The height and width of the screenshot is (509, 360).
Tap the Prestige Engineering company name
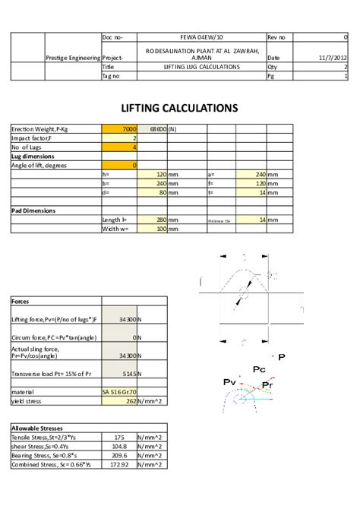tap(73, 57)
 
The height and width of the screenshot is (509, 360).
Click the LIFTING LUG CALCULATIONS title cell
tap(202, 67)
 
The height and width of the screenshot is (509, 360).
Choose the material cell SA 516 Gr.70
tap(119, 391)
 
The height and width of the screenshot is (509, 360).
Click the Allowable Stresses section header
tap(36, 428)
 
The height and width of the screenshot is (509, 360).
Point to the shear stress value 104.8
tap(119, 447)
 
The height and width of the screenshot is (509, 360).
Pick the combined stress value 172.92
tap(119, 464)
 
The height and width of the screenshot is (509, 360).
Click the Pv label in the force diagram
tap(229, 381)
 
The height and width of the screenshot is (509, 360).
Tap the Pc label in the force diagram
tap(258, 369)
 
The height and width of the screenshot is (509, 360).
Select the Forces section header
tap(21, 301)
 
